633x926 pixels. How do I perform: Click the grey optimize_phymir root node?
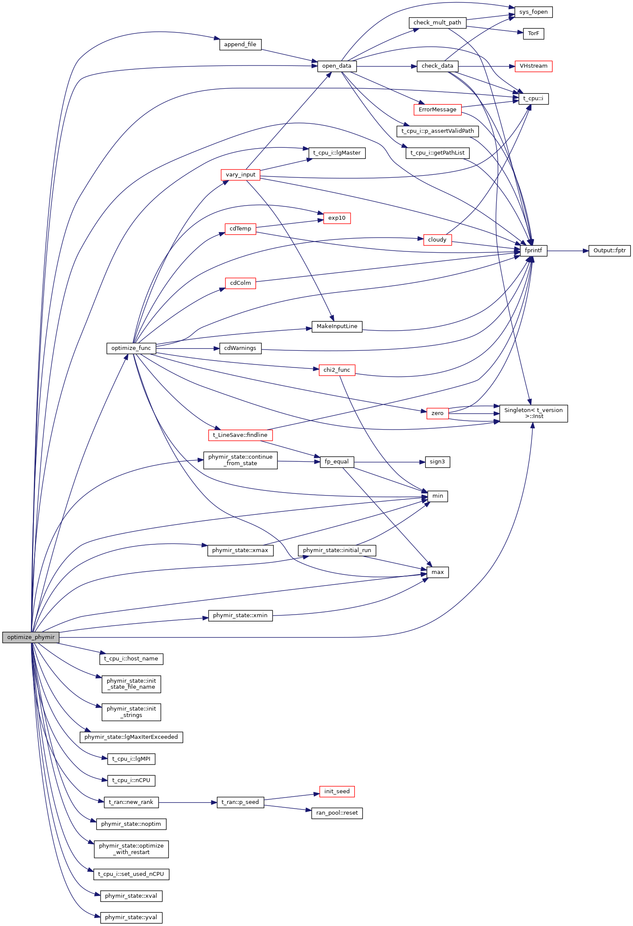[31, 637]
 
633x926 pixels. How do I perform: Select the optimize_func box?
[131, 348]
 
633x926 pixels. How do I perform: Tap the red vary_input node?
[240, 175]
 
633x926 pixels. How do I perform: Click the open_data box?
[336, 66]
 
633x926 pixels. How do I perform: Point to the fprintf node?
[533, 251]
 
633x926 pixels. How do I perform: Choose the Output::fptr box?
[609, 251]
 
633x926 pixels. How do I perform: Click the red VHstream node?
[533, 66]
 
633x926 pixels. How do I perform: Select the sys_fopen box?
[533, 12]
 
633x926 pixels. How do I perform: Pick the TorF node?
[533, 33]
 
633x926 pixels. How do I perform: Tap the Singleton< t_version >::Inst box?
[533, 413]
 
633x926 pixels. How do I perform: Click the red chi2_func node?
[337, 370]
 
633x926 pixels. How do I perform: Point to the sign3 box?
[437, 462]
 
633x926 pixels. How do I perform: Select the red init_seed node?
[337, 792]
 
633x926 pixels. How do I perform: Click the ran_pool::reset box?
[337, 813]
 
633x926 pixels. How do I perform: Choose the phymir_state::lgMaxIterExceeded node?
[131, 737]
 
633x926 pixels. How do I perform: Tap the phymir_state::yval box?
[131, 917]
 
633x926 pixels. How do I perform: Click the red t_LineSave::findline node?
[240, 435]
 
